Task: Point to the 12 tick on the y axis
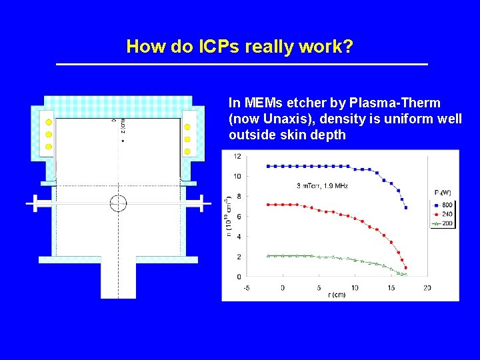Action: coord(237,157)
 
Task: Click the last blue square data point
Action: coord(406,207)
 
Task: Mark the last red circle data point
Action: coord(406,268)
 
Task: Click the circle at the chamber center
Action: coord(118,203)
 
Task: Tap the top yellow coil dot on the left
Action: coord(48,123)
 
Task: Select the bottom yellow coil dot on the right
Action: coord(187,151)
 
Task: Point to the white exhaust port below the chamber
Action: coord(118,280)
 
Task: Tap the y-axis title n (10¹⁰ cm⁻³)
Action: coord(228,215)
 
